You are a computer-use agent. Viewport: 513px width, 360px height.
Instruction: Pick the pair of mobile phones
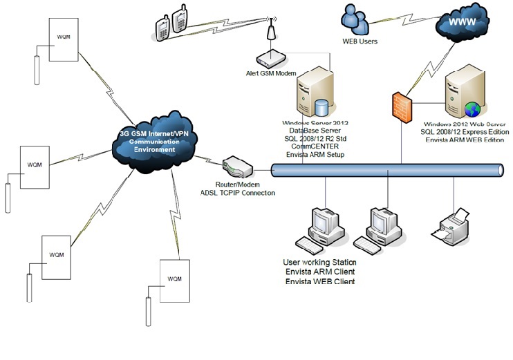tap(172, 24)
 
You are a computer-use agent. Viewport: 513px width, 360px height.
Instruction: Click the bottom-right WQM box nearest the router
tap(174, 279)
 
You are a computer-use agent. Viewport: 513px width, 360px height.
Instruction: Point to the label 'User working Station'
tap(319, 263)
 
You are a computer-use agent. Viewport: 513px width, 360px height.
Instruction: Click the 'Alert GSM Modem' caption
tap(270, 73)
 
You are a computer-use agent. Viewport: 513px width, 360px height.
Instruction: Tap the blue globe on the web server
tap(472, 109)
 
